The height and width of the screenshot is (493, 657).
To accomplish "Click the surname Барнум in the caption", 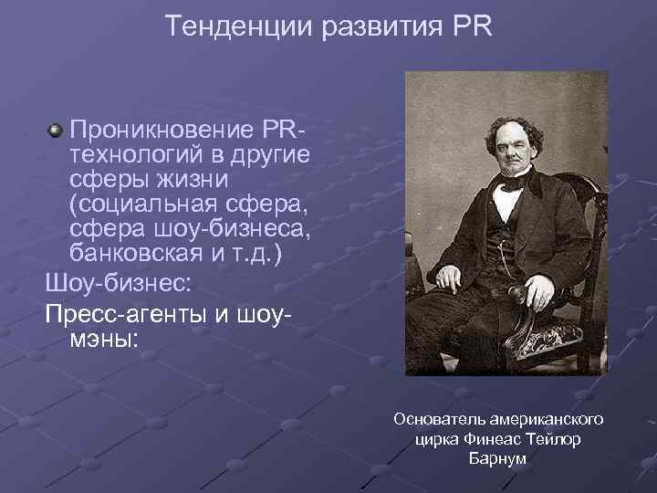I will coord(497,458).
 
